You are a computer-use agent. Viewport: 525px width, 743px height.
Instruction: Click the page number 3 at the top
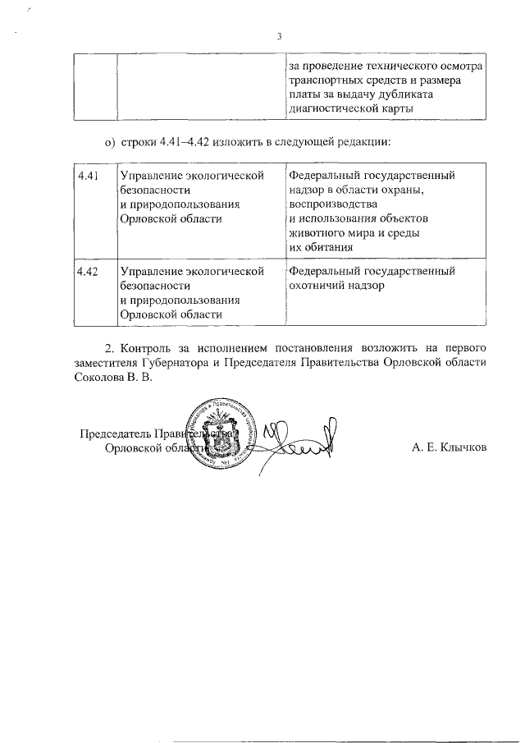pos(279,36)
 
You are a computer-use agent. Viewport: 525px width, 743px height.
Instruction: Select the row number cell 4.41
pos(87,177)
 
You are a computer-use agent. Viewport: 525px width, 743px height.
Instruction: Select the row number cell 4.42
pos(87,272)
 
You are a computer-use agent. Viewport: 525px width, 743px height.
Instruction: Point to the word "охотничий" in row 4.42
pos(317,287)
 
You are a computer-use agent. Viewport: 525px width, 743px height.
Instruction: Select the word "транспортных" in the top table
pos(324,80)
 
